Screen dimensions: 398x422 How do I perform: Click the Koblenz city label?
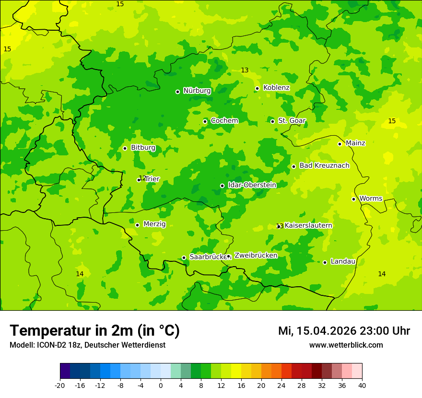tap(276, 88)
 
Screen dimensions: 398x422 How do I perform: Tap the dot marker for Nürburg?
tap(177, 92)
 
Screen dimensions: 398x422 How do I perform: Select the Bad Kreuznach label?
tap(324, 165)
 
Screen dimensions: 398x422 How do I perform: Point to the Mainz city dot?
tap(340, 144)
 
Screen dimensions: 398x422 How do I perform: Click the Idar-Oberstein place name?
tap(252, 185)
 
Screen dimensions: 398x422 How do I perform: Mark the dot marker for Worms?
tap(353, 199)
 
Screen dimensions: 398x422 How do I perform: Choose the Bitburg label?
tap(143, 148)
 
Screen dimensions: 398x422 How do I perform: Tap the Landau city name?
tap(343, 261)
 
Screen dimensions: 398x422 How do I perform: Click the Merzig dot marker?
tap(137, 225)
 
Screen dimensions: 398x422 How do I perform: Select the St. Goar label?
tap(292, 121)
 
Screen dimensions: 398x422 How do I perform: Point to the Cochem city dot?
tap(205, 121)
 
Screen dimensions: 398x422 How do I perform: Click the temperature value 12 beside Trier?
tap(142, 178)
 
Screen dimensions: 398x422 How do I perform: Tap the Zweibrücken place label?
tap(256, 256)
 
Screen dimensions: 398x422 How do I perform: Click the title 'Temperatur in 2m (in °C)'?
tap(94, 331)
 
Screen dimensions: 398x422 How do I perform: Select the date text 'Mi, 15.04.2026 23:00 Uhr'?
tap(344, 331)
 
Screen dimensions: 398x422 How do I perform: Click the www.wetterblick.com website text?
tap(346, 345)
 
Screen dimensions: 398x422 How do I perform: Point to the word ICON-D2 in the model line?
tap(49, 345)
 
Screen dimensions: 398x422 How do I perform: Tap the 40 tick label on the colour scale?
tap(362, 386)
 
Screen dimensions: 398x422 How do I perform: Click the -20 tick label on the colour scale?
tap(60, 386)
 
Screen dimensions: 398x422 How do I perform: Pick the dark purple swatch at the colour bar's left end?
tap(65, 371)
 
